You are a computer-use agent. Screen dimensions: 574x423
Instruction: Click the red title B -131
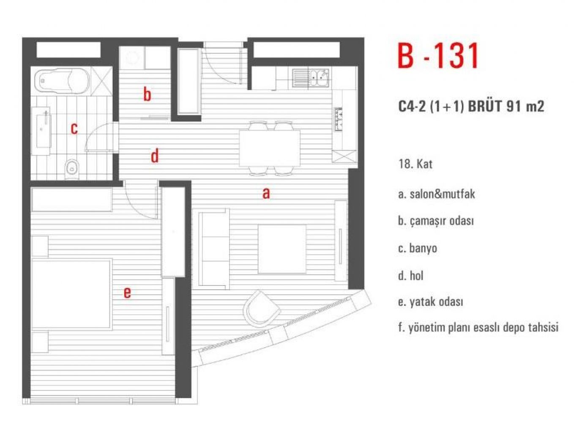coord(438,56)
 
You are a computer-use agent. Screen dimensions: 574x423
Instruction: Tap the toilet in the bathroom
coord(72,170)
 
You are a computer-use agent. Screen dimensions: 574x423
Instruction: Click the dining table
coord(270,148)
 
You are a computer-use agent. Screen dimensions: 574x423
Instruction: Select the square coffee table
coord(282,249)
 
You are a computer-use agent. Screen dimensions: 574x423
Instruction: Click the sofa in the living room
coord(214,249)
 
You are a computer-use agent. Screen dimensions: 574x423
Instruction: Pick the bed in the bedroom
coord(72,294)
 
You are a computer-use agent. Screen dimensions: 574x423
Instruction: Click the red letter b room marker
coord(147,94)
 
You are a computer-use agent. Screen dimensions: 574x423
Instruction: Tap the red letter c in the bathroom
coord(74,129)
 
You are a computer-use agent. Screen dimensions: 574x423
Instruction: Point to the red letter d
coord(155,156)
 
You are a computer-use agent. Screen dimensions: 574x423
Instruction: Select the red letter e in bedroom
coord(127,293)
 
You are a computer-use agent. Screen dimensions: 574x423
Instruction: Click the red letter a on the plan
coord(266,194)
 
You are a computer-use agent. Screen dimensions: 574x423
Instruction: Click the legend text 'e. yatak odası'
coord(430,302)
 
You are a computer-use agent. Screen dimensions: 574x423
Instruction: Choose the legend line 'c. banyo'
coord(418,248)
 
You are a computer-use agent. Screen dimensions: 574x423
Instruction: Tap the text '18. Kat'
coord(415,164)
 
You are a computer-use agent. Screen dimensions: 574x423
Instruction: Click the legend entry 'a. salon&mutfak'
coord(436,194)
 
